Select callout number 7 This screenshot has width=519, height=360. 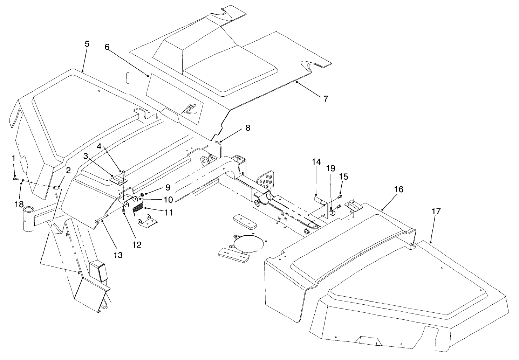(x=326, y=99)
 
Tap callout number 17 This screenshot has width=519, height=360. (x=436, y=211)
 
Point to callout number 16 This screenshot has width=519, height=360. (x=398, y=189)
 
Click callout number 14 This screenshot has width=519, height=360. (x=316, y=162)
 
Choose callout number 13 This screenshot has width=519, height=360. (x=118, y=255)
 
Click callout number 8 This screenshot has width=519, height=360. (x=248, y=128)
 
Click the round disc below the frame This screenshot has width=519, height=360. (x=248, y=243)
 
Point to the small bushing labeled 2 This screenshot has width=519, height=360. (x=55, y=188)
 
